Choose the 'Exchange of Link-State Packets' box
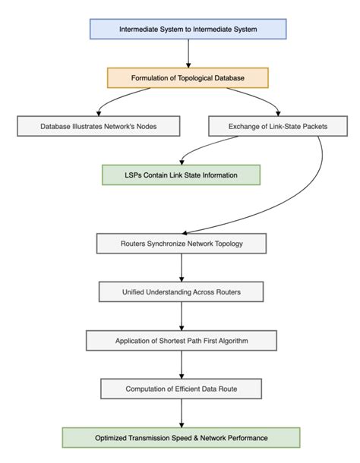point(267,126)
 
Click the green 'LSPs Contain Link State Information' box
point(181,175)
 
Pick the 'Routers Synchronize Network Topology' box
point(181,244)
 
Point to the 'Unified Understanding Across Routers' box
point(181,291)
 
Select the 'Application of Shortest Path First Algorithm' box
point(181,340)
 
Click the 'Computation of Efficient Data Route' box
point(181,389)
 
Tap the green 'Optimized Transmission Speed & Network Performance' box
point(181,437)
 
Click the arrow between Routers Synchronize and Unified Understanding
point(181,267)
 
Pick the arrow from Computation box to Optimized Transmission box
point(181,413)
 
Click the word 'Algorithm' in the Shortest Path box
point(250,340)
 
